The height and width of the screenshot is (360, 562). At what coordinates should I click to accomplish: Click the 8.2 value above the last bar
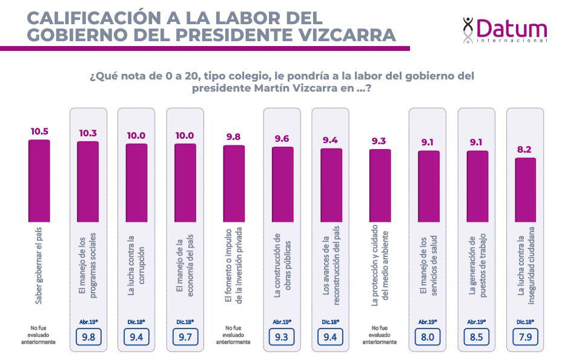[525, 149]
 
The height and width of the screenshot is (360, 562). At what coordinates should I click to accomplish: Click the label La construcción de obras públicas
[282, 265]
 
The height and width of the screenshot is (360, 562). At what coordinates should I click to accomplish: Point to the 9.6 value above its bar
[282, 139]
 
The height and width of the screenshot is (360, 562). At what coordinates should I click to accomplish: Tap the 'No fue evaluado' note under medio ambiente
[380, 335]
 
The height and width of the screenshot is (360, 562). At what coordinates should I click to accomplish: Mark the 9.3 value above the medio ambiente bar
[379, 141]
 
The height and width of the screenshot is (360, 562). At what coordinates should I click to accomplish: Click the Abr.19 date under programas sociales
[88, 321]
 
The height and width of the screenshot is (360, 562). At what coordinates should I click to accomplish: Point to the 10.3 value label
[88, 133]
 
